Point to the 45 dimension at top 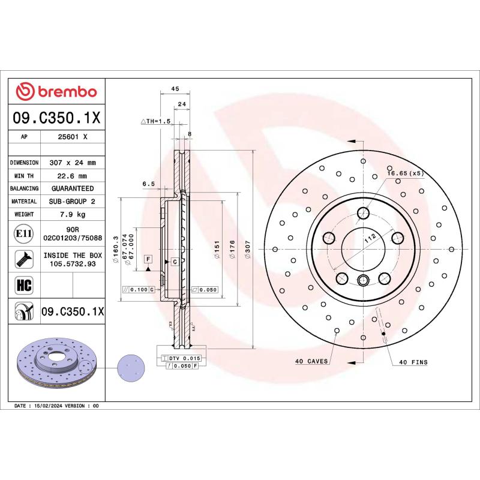(175, 89)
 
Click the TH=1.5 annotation (156, 121)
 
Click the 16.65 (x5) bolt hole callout (405, 173)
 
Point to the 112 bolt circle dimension (370, 238)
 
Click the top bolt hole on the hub (364, 212)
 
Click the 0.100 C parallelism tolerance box (139, 290)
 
